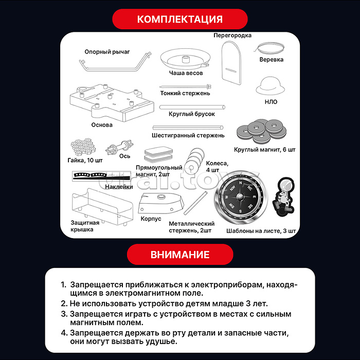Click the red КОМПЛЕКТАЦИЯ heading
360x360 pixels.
coord(179,20)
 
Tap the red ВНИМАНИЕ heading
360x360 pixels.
coord(179,255)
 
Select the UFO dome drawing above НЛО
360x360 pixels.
coord(271,85)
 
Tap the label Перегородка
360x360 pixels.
coord(232,35)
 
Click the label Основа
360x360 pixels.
coord(102,124)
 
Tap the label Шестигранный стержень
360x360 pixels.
coord(188,135)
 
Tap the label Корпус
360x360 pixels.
coord(151,219)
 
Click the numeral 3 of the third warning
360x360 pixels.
coord(63,313)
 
